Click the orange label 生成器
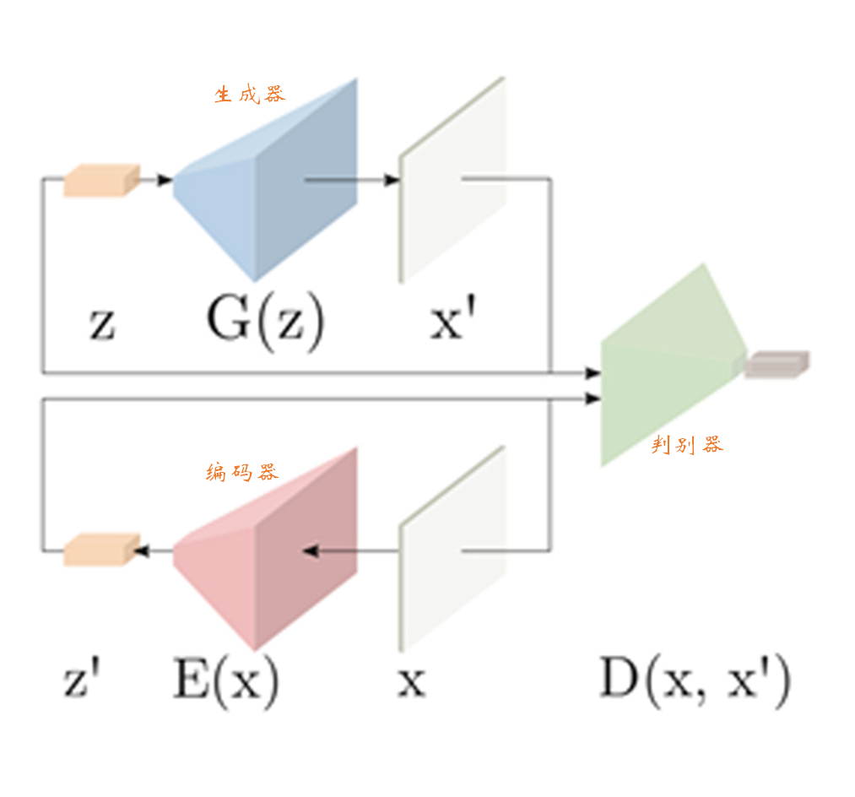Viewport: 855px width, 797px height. [250, 94]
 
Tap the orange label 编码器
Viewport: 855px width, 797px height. [241, 472]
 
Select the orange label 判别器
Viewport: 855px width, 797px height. [687, 445]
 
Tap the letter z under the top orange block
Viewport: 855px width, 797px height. [101, 324]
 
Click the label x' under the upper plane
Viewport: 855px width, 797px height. [457, 322]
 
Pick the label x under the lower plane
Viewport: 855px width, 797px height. [411, 682]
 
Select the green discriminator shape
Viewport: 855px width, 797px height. [667, 363]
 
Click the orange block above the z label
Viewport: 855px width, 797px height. [100, 181]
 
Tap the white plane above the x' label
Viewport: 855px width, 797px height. [452, 182]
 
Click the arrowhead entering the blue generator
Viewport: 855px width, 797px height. [165, 179]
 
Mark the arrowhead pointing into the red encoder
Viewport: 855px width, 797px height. [310, 551]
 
